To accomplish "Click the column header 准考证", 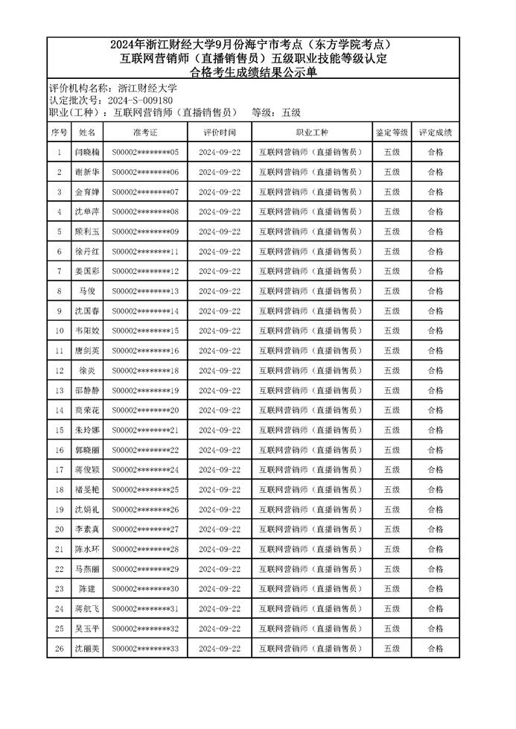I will (x=145, y=133).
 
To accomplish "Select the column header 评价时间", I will (x=220, y=133).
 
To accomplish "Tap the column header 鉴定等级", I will (x=392, y=133).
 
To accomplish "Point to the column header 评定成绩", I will (x=435, y=133).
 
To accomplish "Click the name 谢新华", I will (x=87, y=172).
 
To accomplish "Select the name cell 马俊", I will (x=87, y=291).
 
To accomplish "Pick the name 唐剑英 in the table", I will (x=87, y=351).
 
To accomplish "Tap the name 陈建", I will (x=87, y=588).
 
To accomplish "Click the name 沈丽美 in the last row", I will (x=87, y=649).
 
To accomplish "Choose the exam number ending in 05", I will (x=145, y=153).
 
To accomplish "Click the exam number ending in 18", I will (x=145, y=371).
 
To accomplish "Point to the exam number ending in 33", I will (x=145, y=649).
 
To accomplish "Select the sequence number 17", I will (x=60, y=470).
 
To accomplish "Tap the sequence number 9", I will (x=60, y=311).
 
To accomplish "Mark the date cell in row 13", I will (x=220, y=390).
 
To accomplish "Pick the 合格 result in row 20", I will (x=435, y=529).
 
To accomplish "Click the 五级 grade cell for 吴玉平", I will (x=392, y=628).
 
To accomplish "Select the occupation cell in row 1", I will (x=312, y=153).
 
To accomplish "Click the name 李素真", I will (x=87, y=529).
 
